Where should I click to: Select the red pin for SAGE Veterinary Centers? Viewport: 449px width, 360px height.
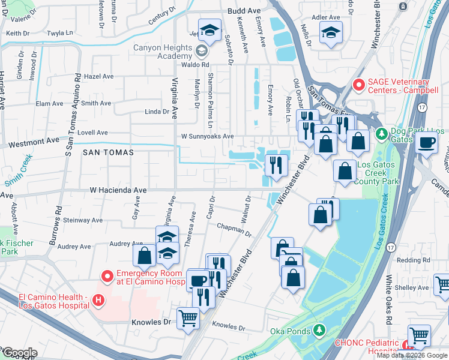coord(359,86)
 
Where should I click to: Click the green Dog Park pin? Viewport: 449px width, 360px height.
coord(381,132)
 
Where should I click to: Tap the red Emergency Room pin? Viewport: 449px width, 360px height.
coord(107,276)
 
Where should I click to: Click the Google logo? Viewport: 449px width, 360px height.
coord(20,353)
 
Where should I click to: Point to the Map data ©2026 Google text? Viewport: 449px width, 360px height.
coord(412,355)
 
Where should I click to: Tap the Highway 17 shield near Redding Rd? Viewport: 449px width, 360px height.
coord(391,247)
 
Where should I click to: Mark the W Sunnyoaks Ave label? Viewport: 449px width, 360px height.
coord(208,136)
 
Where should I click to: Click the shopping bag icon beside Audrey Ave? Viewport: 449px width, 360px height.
coord(145,256)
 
